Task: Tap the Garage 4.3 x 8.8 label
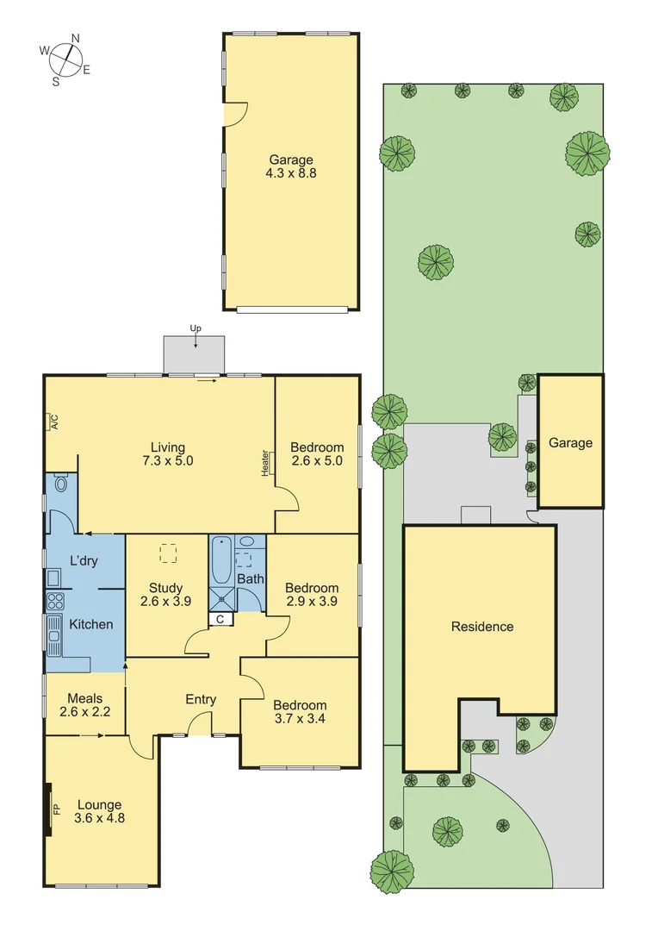[x=291, y=166]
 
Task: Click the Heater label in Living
[x=265, y=461]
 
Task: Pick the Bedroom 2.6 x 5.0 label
[x=317, y=453]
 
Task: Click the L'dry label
[x=84, y=561]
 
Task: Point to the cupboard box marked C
[x=220, y=619]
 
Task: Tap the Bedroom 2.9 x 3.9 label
[x=312, y=596]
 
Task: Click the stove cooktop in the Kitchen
[x=54, y=601]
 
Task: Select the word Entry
[x=201, y=699]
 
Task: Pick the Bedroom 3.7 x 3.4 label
[x=301, y=711]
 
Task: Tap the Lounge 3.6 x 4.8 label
[x=100, y=812]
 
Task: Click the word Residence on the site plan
[x=482, y=627]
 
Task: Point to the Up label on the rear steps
[x=195, y=328]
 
